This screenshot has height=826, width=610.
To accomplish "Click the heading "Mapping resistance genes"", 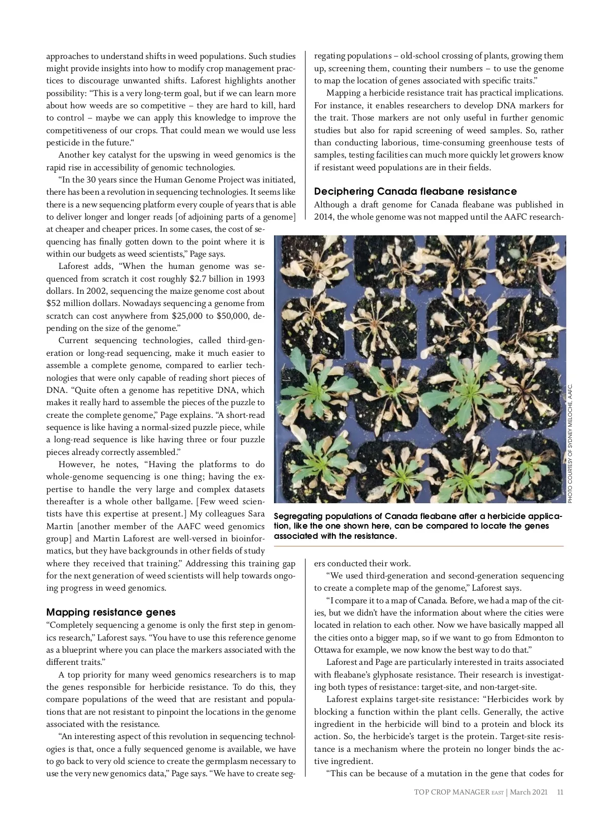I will [111, 612].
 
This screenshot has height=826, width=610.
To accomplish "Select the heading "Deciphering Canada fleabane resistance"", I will [415, 192].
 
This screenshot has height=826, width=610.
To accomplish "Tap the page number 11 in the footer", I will [560, 806].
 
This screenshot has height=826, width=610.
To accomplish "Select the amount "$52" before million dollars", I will [54, 303].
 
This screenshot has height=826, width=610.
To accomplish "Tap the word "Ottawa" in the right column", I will [328, 650].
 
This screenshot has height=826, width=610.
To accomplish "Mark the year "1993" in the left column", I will [255, 279].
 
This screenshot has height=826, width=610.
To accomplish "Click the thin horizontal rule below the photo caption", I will [419, 546].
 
